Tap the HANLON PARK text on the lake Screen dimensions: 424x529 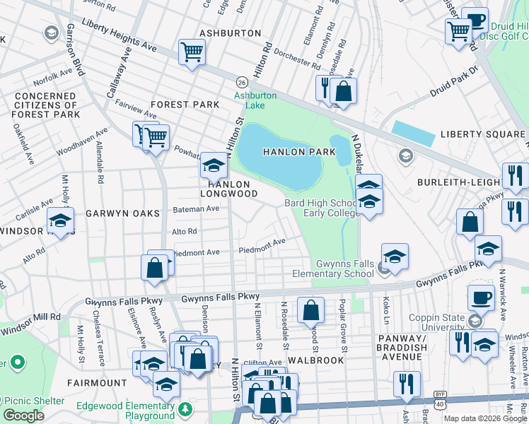(x=293, y=152)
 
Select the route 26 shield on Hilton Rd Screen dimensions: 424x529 (x=241, y=81)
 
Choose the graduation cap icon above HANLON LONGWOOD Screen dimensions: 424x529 (x=213, y=165)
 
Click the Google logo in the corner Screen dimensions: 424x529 (x=23, y=415)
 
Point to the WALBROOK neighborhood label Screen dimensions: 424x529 (x=315, y=360)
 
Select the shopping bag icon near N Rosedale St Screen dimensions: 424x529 (x=310, y=310)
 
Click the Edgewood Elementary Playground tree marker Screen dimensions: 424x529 (x=185, y=408)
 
